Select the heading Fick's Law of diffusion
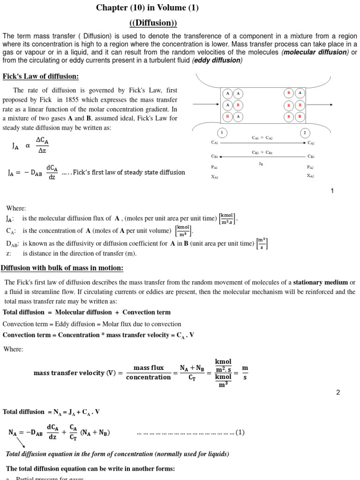tap(41, 76)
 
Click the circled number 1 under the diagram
tap(221, 133)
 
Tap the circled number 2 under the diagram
tap(304, 133)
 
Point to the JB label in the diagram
tap(261, 164)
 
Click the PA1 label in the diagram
tap(215, 167)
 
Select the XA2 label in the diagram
tap(310, 176)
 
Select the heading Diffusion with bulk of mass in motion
tap(62, 268)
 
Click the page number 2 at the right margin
tap(338, 392)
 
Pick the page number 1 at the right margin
tap(332, 191)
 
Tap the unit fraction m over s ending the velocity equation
tap(245, 373)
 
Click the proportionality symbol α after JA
tap(28, 146)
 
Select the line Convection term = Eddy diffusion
tap(92, 324)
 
